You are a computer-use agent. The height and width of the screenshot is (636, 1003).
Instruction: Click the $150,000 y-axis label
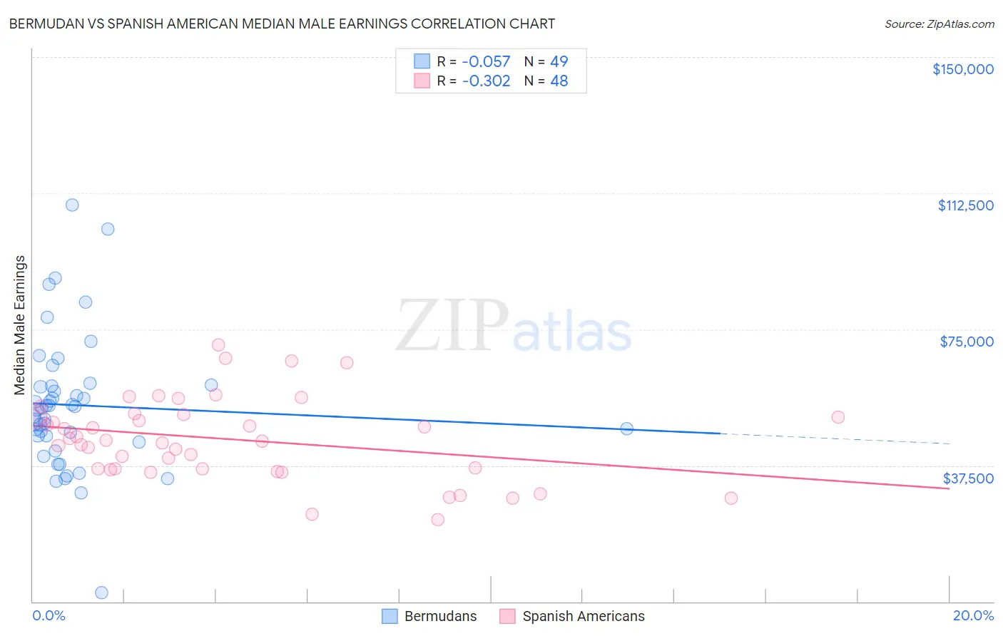(x=962, y=69)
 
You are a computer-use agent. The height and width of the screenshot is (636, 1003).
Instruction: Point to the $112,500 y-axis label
(x=965, y=205)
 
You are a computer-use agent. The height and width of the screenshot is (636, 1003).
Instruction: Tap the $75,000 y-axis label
(x=967, y=342)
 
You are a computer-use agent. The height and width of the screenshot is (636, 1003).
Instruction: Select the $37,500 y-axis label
(x=968, y=478)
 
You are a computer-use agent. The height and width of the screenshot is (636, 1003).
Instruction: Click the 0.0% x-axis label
(x=49, y=615)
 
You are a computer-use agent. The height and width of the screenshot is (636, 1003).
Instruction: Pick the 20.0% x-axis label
(x=973, y=615)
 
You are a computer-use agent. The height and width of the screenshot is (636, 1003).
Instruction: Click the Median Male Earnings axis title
(x=20, y=324)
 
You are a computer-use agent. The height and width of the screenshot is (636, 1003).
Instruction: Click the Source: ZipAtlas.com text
(x=939, y=24)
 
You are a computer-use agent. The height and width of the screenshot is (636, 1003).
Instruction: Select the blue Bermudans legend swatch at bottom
(x=390, y=616)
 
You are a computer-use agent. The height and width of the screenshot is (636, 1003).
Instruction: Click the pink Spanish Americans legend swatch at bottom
(x=507, y=616)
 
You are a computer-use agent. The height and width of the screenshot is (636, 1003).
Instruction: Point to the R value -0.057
(x=486, y=62)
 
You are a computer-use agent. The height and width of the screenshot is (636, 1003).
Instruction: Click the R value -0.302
(x=486, y=81)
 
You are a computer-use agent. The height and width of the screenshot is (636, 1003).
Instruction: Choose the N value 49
(x=559, y=62)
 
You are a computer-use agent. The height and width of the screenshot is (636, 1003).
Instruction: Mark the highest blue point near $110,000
(x=72, y=205)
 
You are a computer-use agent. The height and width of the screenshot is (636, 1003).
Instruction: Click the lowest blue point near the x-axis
(x=101, y=593)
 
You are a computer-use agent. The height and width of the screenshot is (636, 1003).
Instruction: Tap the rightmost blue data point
(x=626, y=429)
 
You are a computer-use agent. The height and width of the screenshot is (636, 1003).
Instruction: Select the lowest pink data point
(x=437, y=520)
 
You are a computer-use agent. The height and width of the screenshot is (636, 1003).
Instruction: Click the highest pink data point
(x=218, y=345)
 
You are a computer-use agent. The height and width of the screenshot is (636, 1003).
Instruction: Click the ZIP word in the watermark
(x=451, y=327)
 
